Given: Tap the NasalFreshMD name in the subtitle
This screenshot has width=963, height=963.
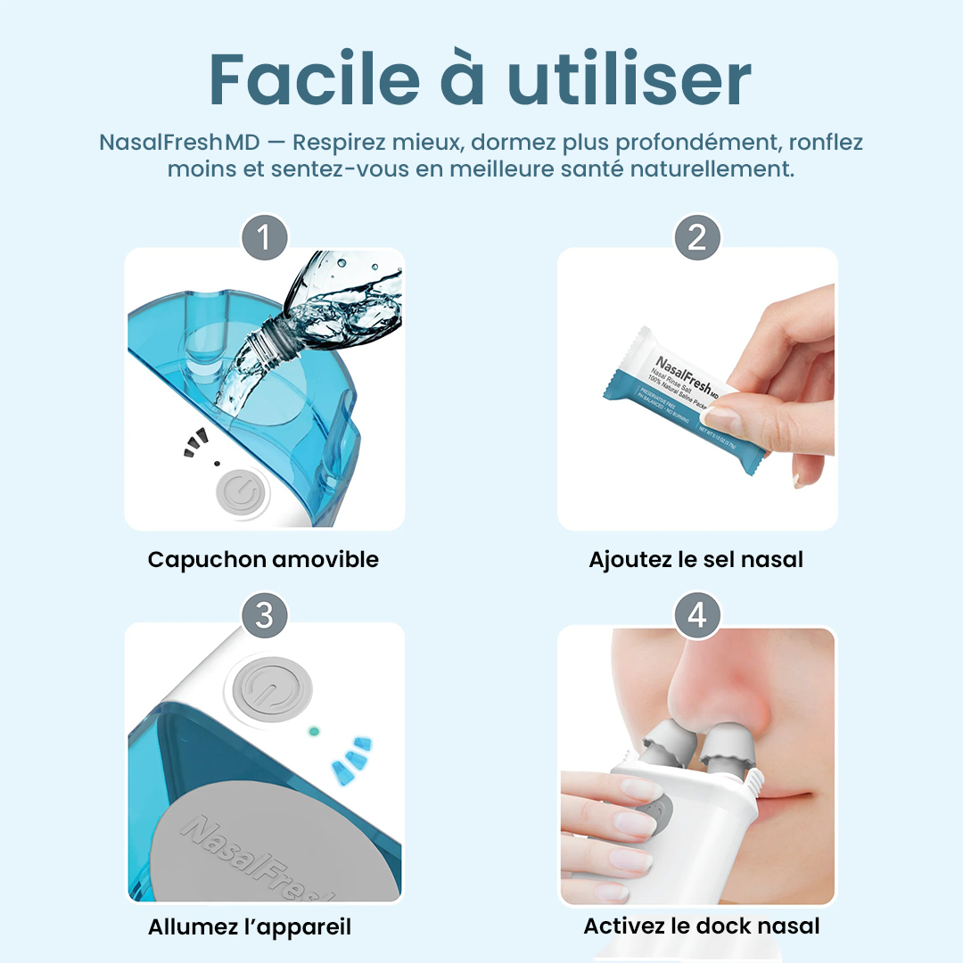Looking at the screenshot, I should (x=163, y=143).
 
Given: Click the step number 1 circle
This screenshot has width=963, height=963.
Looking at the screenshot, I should (x=265, y=237).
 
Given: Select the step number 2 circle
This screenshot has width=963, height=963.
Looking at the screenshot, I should (x=696, y=237).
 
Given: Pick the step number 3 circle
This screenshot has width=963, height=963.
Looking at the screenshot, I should (x=265, y=615).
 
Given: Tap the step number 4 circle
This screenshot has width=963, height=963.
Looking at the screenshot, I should (x=696, y=615).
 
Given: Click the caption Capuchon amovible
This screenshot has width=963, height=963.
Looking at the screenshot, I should (x=263, y=560).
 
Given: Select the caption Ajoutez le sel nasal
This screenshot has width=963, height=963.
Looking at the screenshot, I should (x=695, y=560).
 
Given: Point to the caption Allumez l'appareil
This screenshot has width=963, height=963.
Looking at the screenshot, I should (x=250, y=926).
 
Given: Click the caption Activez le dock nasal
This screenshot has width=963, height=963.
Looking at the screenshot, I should (x=701, y=926).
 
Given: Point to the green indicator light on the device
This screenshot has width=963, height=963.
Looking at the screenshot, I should (x=314, y=731).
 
